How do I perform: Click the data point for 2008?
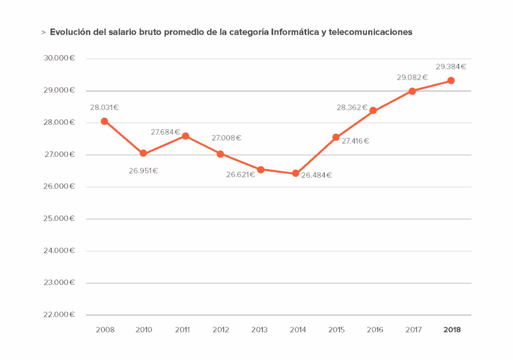[x=104, y=121]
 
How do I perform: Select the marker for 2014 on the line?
[x=296, y=173]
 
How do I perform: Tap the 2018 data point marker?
[x=451, y=81]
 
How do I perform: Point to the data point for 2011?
[x=186, y=136]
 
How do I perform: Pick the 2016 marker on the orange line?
[x=373, y=111]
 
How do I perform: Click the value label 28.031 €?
[x=104, y=107]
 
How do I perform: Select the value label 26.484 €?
[x=317, y=175]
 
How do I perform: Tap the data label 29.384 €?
[x=451, y=67]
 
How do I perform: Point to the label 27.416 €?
[x=355, y=141]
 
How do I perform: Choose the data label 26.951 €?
[x=143, y=171]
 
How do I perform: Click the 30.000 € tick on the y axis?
[x=59, y=58]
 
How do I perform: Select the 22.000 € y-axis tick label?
[x=59, y=314]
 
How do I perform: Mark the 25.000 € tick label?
[x=59, y=218]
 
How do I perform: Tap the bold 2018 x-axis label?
[x=452, y=330]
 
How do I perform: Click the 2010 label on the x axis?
[x=144, y=330]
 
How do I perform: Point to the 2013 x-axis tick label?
[x=259, y=330]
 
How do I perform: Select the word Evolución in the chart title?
[x=70, y=32]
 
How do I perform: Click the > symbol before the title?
[x=44, y=33]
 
